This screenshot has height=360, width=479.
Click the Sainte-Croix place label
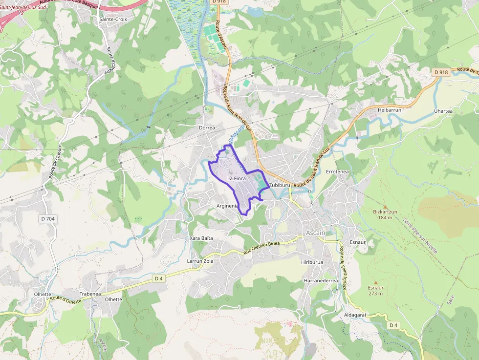[110, 20]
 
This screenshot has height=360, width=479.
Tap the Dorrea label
[207, 128]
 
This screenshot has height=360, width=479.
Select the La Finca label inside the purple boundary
[237, 179]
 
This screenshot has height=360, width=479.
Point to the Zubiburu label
[280, 186]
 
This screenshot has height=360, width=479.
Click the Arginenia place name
[227, 206]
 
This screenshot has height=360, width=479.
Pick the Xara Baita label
[201, 238]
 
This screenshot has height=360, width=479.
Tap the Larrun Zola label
[200, 261]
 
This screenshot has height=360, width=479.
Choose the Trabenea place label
[90, 294]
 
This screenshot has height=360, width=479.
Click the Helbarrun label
[389, 110]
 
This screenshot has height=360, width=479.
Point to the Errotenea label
[337, 172]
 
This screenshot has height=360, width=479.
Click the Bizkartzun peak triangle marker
[385, 207]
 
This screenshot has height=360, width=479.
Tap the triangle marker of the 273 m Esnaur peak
[376, 282]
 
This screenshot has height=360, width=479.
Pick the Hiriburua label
[312, 262]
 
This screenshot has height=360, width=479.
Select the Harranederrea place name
[321, 281]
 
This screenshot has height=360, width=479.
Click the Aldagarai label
[355, 315]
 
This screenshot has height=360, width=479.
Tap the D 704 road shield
[47, 219]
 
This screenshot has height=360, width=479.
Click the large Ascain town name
[315, 233]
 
